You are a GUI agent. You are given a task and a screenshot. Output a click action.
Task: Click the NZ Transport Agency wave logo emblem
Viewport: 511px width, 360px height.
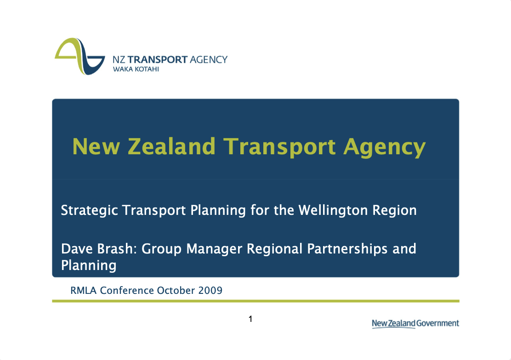(x=79, y=56)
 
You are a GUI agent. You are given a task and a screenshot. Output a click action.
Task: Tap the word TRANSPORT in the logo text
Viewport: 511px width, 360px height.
(x=158, y=60)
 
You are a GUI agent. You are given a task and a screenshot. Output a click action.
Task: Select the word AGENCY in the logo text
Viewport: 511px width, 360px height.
(x=209, y=60)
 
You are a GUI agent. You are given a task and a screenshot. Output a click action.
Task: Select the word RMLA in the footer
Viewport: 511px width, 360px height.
(x=83, y=290)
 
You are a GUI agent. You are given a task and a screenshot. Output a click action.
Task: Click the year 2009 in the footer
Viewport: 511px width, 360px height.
(x=210, y=290)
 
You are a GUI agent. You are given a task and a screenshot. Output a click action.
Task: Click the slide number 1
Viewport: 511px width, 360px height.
(x=250, y=318)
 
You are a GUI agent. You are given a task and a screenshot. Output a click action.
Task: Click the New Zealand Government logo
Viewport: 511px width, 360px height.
(x=415, y=324)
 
